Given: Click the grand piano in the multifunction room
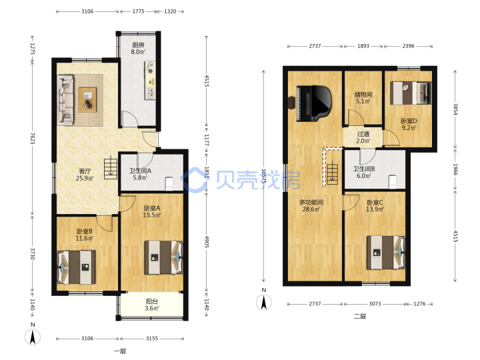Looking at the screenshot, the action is pyautogui.click(x=314, y=103).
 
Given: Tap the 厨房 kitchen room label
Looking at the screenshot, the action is pyautogui.click(x=138, y=45).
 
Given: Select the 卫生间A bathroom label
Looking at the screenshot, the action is pyautogui.click(x=140, y=171).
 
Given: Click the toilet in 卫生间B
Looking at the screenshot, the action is pyautogui.click(x=392, y=181).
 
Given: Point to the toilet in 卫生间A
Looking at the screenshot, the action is pyautogui.click(x=169, y=184).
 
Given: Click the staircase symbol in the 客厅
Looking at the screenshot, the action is pyautogui.click(x=111, y=169).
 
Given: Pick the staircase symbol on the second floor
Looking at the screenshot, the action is pyautogui.click(x=332, y=173).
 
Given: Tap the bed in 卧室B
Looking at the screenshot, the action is pyautogui.click(x=76, y=267).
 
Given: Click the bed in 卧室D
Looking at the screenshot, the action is pyautogui.click(x=411, y=93).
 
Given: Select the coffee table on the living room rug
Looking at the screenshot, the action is pyautogui.click(x=87, y=99).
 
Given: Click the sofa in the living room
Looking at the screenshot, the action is pyautogui.click(x=66, y=100).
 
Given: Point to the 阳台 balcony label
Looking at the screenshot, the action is pyautogui.click(x=152, y=301).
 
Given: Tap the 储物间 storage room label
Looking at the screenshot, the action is pyautogui.click(x=363, y=94).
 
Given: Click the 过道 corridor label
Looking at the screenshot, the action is pyautogui.click(x=363, y=134).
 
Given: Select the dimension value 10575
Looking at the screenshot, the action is pyautogui.click(x=264, y=176).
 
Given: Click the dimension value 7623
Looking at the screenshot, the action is pyautogui.click(x=33, y=139).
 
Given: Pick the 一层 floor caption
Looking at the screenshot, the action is pyautogui.click(x=120, y=351).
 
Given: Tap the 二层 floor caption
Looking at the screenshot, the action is pyautogui.click(x=360, y=316).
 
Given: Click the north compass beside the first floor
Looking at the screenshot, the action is pyautogui.click(x=33, y=336).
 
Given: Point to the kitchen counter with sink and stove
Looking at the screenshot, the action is pyautogui.click(x=150, y=80).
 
